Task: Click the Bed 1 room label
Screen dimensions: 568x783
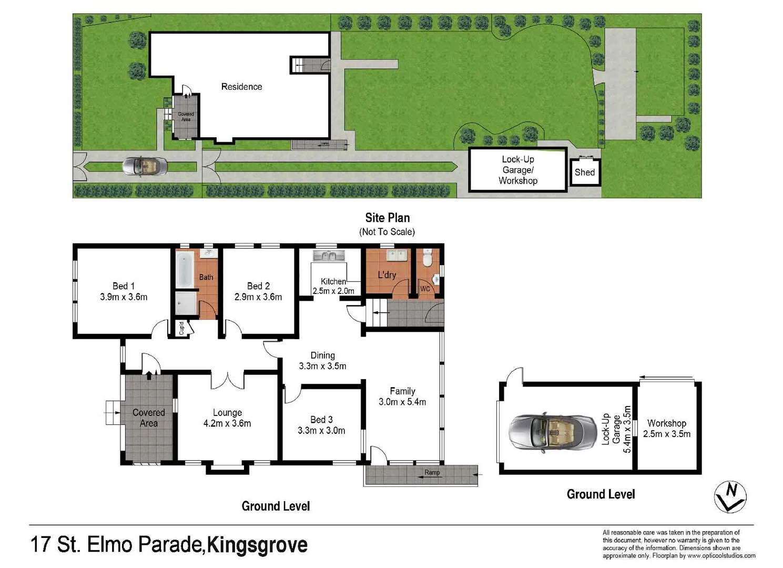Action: [124, 286]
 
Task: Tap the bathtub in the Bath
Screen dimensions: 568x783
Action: [184, 269]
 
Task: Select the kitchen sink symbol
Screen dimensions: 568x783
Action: [328, 256]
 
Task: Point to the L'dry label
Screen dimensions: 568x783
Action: [387, 275]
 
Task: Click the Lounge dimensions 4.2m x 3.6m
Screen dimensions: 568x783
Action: [227, 423]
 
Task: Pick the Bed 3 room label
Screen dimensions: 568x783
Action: [321, 420]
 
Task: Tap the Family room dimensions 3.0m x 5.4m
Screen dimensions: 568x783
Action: [402, 402]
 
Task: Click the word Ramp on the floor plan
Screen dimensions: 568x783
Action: [432, 473]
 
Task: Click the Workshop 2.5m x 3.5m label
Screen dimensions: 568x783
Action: [666, 429]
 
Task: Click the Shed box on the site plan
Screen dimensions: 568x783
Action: [585, 172]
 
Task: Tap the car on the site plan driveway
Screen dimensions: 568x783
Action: [145, 166]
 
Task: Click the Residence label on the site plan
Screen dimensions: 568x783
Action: [241, 87]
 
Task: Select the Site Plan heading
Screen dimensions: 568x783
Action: [388, 218]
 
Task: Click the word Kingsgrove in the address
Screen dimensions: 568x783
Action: [257, 545]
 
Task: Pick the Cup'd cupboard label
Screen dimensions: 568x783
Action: [181, 328]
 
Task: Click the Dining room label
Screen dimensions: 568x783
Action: [322, 356]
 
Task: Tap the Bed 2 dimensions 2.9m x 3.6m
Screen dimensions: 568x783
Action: [258, 297]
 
